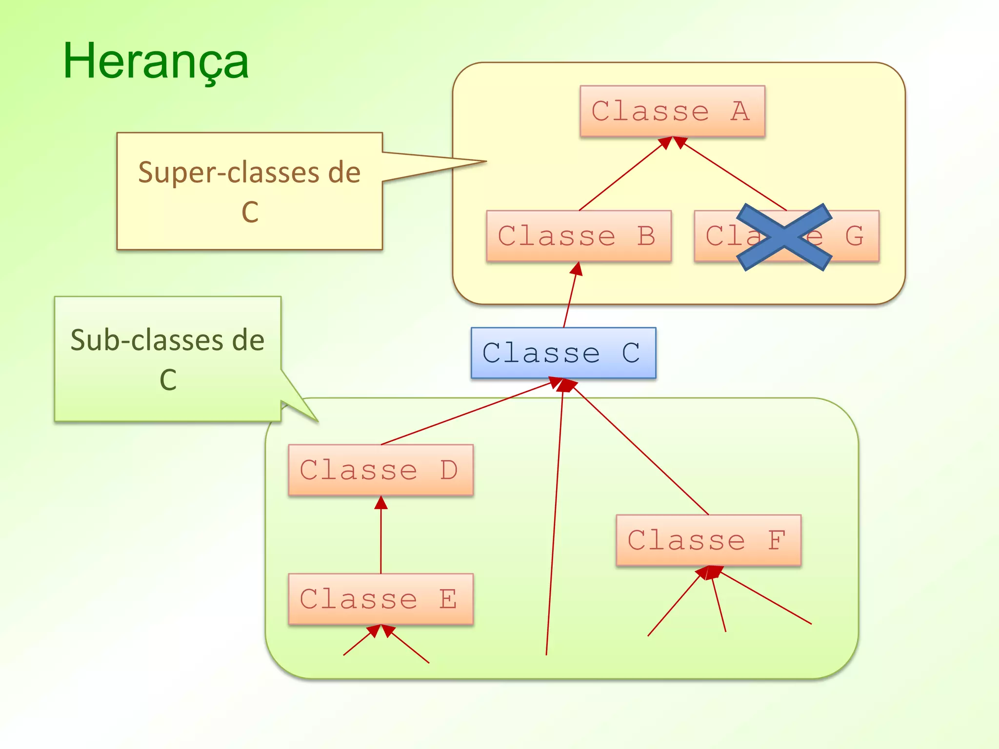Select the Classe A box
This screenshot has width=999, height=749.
672,112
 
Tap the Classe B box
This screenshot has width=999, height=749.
579,237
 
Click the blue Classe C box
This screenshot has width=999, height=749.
563,353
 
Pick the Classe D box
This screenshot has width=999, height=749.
380,470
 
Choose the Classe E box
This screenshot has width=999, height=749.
380,599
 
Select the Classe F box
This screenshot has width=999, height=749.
708,540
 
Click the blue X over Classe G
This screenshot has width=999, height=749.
784,237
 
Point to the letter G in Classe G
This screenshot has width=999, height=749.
854,237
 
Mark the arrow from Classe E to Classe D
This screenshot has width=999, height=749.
381,536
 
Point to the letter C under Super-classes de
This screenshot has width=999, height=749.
250,212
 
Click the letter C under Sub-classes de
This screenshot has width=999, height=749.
168,380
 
